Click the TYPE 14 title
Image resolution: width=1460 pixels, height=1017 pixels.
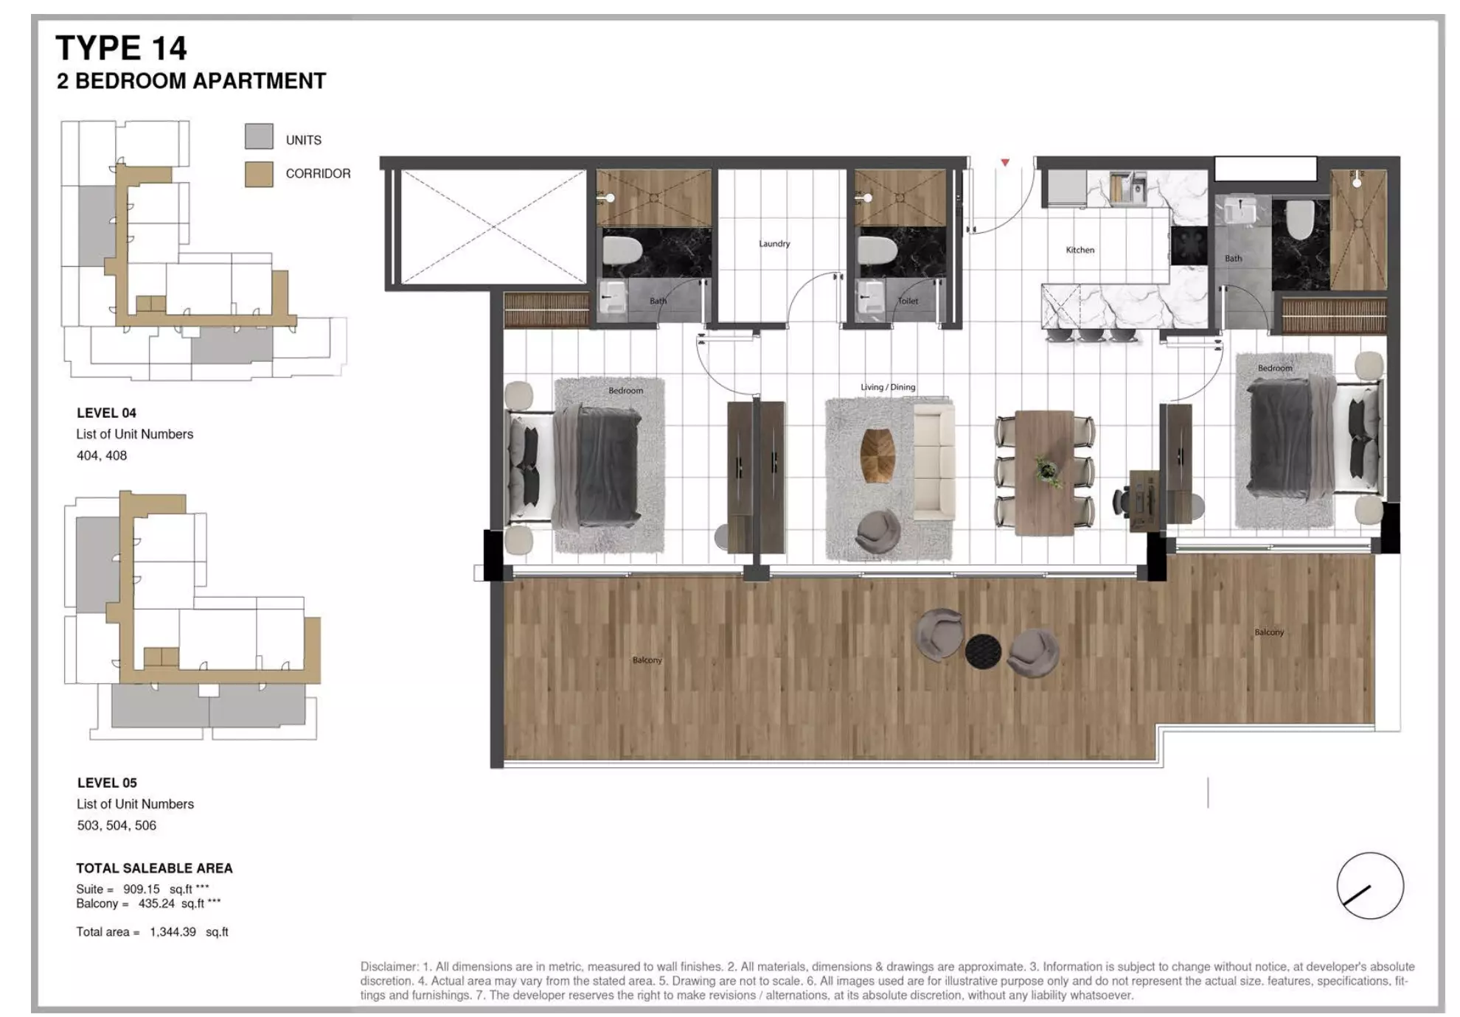(121, 49)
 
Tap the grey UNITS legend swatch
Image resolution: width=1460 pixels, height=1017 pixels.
(259, 137)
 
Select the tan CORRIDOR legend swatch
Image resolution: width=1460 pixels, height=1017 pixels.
(259, 174)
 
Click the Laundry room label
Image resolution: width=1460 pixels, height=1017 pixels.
(774, 244)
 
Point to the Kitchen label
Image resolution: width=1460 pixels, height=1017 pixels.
(1080, 251)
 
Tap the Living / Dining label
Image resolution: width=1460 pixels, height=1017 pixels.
(888, 388)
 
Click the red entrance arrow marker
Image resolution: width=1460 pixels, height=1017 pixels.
(1004, 162)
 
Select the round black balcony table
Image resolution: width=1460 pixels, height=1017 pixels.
(983, 651)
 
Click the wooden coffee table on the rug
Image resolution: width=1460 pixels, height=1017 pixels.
(877, 456)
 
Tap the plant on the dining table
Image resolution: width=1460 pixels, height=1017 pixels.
(1046, 469)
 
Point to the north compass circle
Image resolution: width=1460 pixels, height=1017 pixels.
(1369, 886)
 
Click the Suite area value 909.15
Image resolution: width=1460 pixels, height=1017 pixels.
(142, 890)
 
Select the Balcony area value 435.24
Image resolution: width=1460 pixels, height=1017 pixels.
(156, 904)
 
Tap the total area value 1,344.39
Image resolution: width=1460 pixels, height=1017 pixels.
(173, 932)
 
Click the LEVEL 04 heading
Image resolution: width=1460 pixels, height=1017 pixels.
(106, 413)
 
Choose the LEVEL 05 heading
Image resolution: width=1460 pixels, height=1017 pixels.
(107, 783)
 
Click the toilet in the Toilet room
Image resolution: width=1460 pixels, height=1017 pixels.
(877, 251)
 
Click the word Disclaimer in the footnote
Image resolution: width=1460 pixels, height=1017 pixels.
(389, 967)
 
